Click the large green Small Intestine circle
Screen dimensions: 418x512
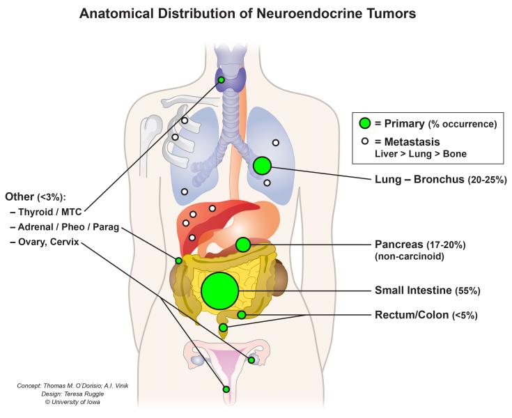click(220, 291)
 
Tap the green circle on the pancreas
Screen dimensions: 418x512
click(243, 245)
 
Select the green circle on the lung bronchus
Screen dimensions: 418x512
click(262, 166)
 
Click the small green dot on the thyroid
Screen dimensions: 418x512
click(221, 80)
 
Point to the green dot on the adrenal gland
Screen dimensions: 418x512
click(178, 261)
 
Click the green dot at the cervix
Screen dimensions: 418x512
click(226, 389)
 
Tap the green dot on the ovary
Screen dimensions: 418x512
click(251, 360)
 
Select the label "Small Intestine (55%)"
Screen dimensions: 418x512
click(427, 291)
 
